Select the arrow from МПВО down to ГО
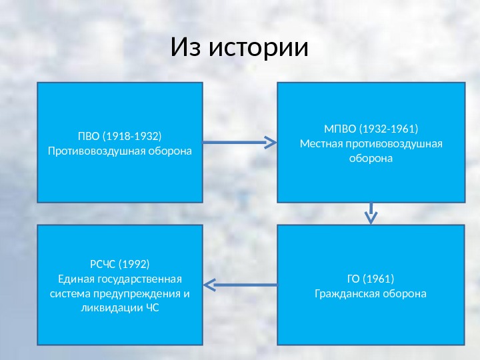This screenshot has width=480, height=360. (371, 213)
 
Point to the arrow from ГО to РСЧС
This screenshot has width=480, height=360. (239, 285)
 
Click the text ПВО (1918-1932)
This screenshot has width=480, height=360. (120, 137)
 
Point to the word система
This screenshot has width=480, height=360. (69, 294)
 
